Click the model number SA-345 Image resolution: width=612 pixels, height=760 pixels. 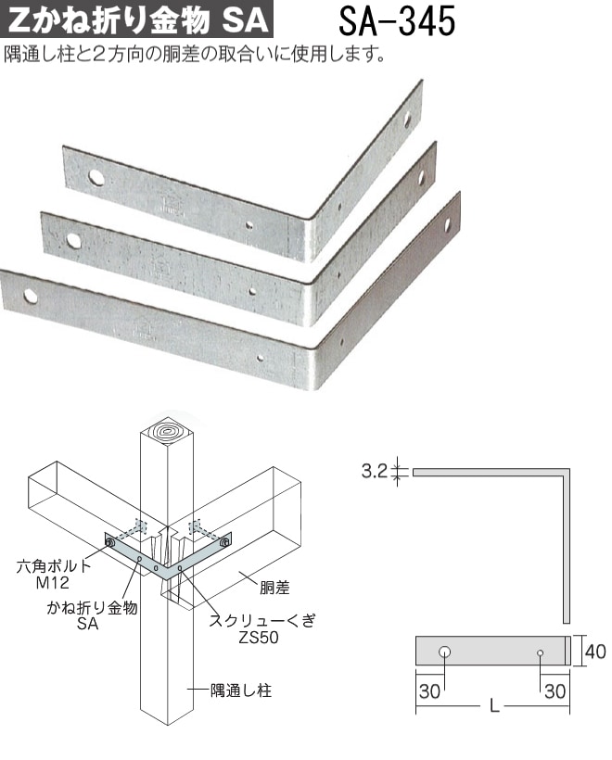coord(397,21)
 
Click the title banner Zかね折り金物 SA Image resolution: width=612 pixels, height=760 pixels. coord(136,19)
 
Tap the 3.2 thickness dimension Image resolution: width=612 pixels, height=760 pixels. coord(375,470)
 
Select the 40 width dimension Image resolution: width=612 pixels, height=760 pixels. coord(595,651)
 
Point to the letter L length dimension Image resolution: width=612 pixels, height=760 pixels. coord(494,705)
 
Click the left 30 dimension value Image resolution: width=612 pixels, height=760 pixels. coord(429,691)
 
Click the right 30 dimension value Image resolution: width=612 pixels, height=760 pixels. coord(555,691)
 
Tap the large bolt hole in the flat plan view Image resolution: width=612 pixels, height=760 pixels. coord(445,652)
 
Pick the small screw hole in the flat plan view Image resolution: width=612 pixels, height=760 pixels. coord(540,652)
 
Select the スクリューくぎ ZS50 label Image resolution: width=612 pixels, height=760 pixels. coord(261,628)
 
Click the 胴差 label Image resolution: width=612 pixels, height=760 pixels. coord(274,588)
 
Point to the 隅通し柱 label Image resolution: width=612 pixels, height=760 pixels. coord(240,690)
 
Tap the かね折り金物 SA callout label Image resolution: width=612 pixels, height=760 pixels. coord(91,615)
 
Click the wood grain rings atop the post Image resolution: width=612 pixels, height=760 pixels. coord(166,431)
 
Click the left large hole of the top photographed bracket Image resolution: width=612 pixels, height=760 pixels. coord(96,177)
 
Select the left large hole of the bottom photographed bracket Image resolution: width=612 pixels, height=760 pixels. coord(30,295)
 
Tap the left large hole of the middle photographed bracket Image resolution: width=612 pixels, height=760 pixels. coord(73,240)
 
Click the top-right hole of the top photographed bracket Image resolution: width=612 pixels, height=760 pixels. coord(407,118)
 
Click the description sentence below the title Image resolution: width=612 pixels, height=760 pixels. coord(195,55)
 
